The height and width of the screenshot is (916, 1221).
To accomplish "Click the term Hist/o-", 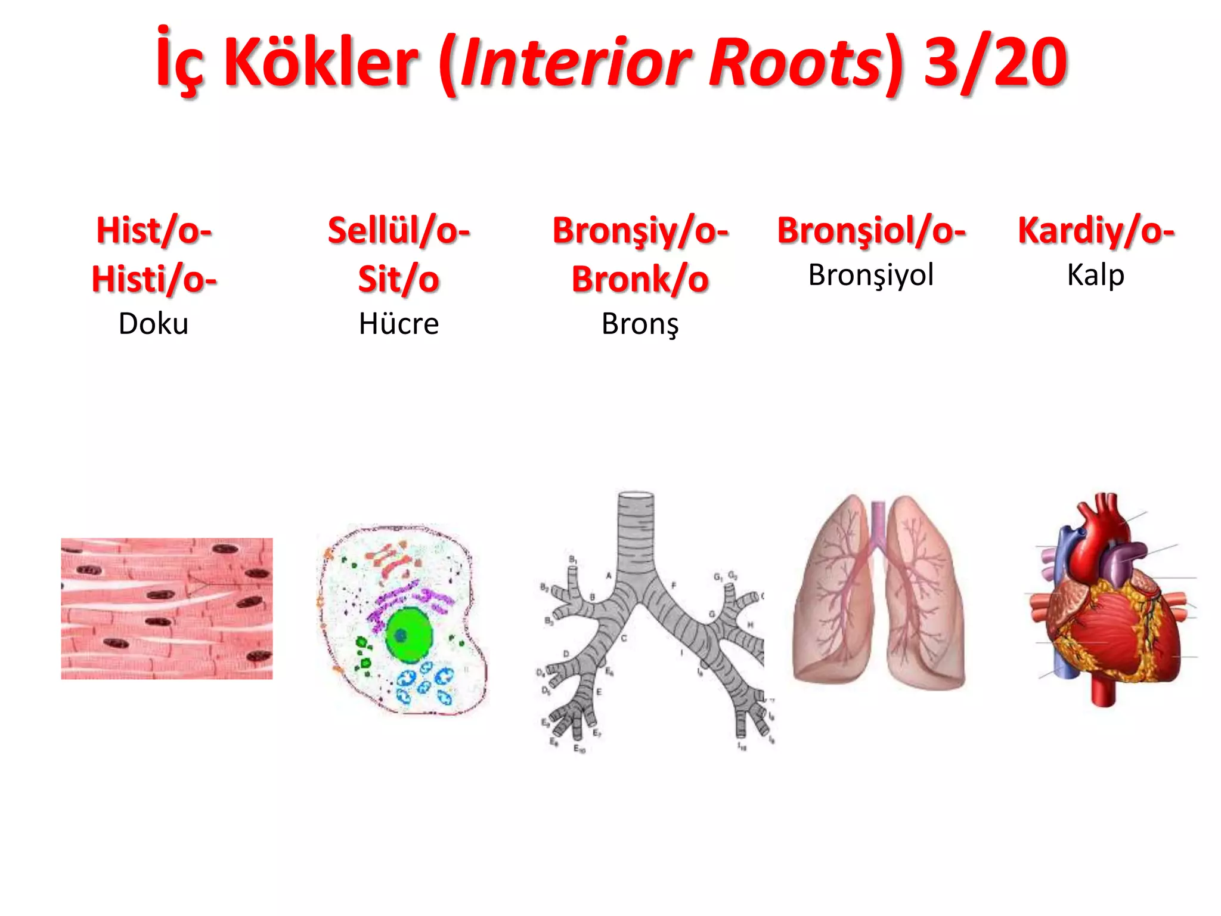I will point(154,231).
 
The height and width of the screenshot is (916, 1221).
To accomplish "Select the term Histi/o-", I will point(154,280).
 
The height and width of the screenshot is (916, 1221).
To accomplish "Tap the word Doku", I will point(153,324).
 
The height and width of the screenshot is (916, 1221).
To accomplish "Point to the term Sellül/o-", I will point(399,231).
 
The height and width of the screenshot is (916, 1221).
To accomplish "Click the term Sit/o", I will point(399,280).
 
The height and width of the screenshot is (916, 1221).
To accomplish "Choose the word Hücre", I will point(399,324).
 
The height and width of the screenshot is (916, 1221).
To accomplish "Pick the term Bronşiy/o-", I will point(640,231).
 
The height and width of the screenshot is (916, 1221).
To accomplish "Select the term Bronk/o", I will point(640,280).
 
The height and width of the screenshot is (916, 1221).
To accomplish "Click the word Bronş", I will point(640,324).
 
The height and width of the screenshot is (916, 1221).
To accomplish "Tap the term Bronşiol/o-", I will point(871,231).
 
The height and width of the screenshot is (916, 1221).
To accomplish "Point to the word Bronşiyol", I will point(871,276).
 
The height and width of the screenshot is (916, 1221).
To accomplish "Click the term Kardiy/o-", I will point(1096,231).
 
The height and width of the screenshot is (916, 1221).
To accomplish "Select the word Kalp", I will point(1096,276).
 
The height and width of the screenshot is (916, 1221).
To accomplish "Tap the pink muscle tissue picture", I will point(167,608).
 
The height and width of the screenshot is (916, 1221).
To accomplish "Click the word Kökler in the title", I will point(321,62).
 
